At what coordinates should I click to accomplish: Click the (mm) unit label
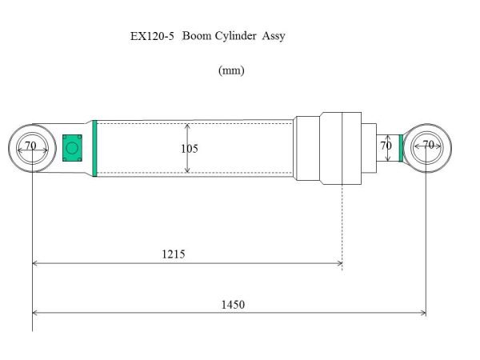click(x=231, y=70)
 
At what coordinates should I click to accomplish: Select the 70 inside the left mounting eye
click(x=30, y=146)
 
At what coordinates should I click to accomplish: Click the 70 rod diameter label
click(x=386, y=146)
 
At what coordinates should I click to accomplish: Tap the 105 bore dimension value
click(x=190, y=149)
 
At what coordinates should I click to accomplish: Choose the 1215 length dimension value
click(x=173, y=254)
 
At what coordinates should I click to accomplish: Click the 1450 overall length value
click(x=234, y=305)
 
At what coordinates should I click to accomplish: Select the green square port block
click(x=73, y=147)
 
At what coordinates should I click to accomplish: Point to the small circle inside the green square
click(x=72, y=148)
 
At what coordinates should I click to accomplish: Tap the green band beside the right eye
click(x=401, y=147)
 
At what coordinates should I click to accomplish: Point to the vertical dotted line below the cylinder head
click(x=342, y=224)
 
